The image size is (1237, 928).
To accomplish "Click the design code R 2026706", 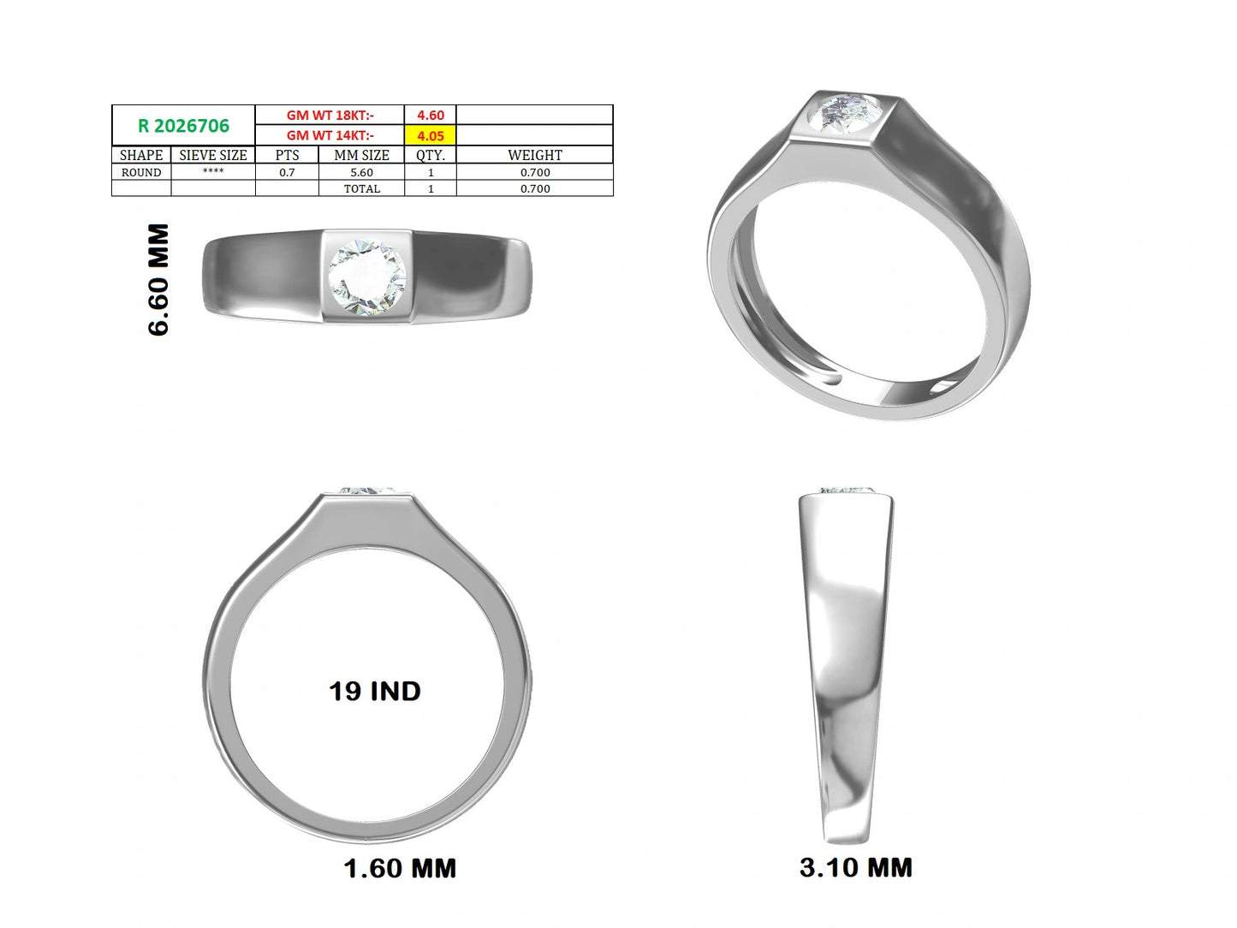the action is tap(184, 126).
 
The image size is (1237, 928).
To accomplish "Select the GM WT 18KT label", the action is tap(330, 115).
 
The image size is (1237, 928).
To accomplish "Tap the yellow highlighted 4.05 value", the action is tap(431, 136).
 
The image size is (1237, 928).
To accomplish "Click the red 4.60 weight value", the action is tap(431, 115).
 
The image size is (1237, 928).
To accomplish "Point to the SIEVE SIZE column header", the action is tap(213, 155).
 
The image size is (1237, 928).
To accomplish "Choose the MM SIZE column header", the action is tap(362, 155).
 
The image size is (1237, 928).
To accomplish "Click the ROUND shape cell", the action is tap(141, 172).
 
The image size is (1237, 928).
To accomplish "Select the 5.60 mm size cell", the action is tap(362, 172).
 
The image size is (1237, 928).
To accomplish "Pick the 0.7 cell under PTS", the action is tap(287, 172).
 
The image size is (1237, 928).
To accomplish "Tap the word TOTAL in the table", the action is tap(362, 188).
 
